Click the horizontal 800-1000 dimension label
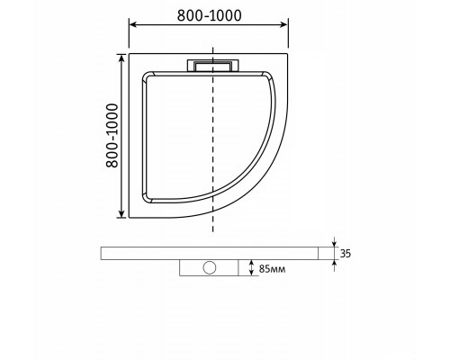(x=209, y=15)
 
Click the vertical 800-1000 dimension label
(x=112, y=136)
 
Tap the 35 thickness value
(x=346, y=254)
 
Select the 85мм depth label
(x=272, y=269)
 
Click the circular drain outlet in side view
(x=209, y=267)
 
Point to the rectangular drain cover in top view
(x=213, y=66)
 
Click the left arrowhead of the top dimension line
(x=132, y=24)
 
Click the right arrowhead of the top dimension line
(x=284, y=24)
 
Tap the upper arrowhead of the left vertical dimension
(x=121, y=58)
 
